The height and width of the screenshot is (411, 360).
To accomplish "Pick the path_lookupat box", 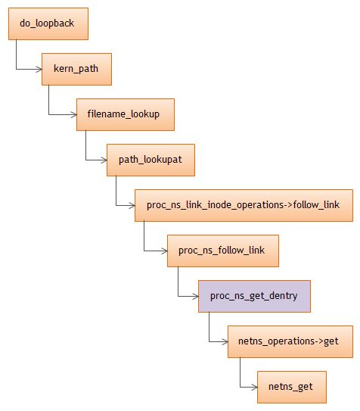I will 151,160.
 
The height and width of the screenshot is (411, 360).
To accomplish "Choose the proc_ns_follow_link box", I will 223,250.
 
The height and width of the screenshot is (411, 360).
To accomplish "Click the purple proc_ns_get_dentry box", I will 254,296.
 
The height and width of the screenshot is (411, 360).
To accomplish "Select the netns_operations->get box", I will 290,341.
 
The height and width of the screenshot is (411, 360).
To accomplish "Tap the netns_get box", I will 291,387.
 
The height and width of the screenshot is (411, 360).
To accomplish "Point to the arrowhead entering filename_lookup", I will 73,115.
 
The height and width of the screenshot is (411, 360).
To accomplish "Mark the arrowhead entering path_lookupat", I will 103,160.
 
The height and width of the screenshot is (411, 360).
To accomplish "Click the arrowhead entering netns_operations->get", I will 224,342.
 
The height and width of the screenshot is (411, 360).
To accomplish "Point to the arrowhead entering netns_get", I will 254,388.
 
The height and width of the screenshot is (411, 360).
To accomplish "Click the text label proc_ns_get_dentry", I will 254,296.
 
